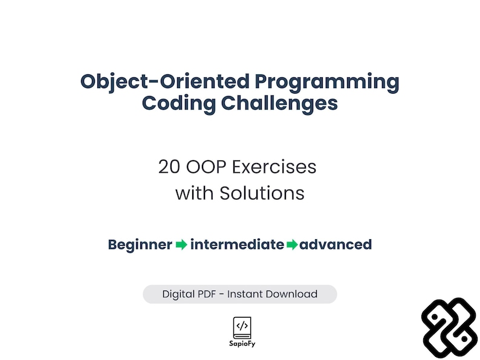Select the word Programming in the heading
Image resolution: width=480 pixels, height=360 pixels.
point(327,82)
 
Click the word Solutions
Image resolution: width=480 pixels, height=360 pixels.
point(261,193)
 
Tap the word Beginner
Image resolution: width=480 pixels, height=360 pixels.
point(140,245)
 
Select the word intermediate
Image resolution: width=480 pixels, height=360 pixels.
point(237,245)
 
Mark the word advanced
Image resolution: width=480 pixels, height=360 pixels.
point(336,245)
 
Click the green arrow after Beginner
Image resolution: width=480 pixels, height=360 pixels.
point(181,245)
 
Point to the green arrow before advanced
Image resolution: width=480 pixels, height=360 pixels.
point(292,245)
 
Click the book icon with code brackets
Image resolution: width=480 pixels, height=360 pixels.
point(242,327)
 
